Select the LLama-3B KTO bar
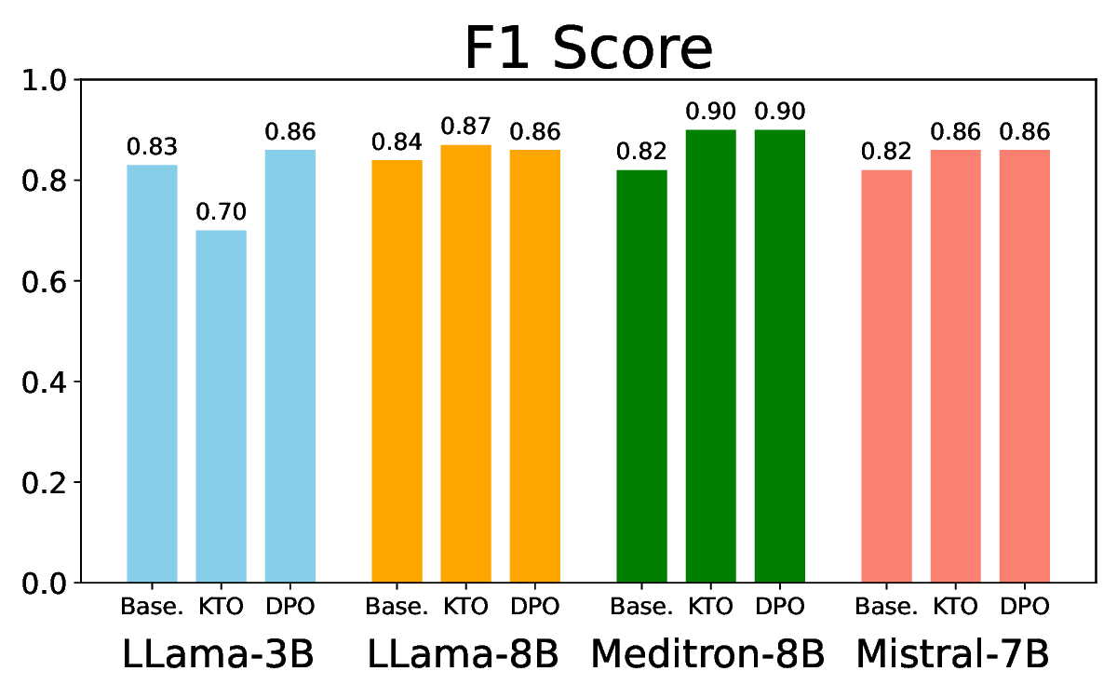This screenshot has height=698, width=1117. click(x=221, y=407)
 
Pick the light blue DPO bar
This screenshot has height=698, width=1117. click(x=290, y=367)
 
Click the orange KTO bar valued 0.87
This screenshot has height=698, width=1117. click(x=465, y=364)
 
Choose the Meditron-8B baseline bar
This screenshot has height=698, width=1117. click(x=642, y=377)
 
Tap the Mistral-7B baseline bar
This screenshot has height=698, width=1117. click(x=887, y=377)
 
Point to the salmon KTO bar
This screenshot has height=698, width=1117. click(x=956, y=367)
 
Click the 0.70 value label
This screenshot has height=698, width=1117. click(x=221, y=213)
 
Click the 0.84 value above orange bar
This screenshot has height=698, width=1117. click(x=397, y=142)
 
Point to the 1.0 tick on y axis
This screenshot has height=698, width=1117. click(x=47, y=80)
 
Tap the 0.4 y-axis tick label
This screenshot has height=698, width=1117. click(x=47, y=383)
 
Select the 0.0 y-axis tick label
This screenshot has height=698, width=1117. click(x=47, y=584)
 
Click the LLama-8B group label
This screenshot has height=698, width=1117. click(x=464, y=654)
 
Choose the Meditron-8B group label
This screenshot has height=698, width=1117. click(x=708, y=654)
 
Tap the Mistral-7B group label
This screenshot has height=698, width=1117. click(x=954, y=654)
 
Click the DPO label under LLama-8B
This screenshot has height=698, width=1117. click(x=535, y=607)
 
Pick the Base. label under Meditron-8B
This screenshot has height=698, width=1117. click(x=641, y=607)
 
